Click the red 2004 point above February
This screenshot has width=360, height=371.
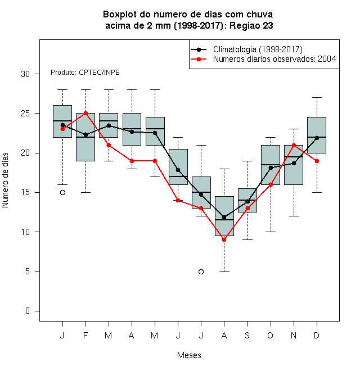(x=85, y=114)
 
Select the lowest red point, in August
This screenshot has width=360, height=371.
(x=224, y=239)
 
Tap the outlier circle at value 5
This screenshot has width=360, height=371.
(x=201, y=272)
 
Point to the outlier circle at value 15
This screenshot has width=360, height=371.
(x=62, y=193)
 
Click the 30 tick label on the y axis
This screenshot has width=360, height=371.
(x=25, y=74)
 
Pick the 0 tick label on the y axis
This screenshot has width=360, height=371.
(x=28, y=311)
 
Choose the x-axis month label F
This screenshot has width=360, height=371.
(x=85, y=335)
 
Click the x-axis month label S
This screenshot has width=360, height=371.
(x=247, y=335)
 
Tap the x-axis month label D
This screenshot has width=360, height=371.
(x=317, y=335)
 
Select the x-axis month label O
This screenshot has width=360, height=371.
(x=270, y=335)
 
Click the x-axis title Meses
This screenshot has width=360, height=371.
(x=189, y=355)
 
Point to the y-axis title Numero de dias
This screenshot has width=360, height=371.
(x=5, y=180)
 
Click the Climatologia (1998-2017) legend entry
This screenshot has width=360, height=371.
(x=246, y=49)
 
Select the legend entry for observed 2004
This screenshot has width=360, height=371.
(x=263, y=59)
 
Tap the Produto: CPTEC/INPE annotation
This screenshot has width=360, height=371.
(x=85, y=73)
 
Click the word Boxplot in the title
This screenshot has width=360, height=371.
(x=120, y=15)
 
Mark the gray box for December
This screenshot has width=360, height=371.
(x=317, y=135)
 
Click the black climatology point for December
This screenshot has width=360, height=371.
(x=317, y=138)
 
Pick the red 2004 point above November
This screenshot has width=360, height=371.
(x=294, y=145)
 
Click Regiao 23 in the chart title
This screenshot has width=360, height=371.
(x=251, y=25)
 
